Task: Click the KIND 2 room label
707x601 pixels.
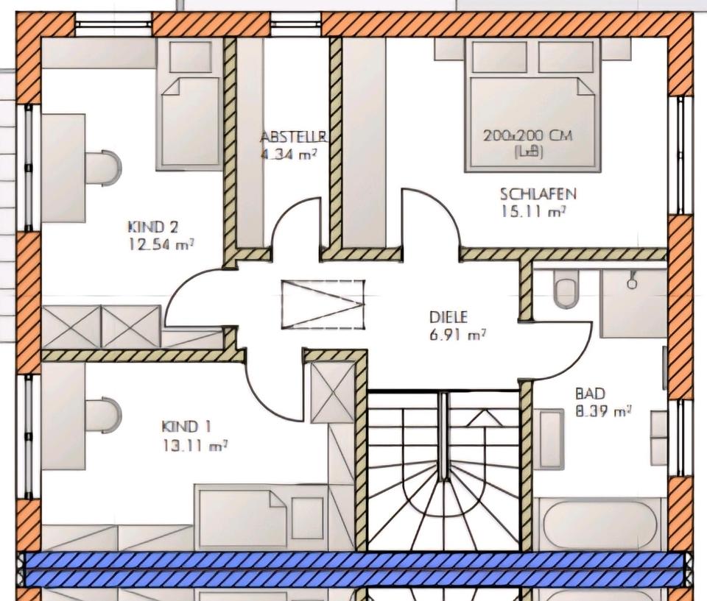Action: click(x=153, y=227)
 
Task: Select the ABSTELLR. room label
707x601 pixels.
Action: click(x=294, y=137)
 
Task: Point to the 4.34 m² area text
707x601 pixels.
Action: click(x=289, y=154)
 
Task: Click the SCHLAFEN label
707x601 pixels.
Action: click(x=538, y=194)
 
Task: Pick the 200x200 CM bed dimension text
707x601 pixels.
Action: click(x=528, y=135)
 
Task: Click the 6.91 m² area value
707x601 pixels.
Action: click(x=457, y=335)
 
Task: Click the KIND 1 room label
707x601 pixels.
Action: click(x=186, y=427)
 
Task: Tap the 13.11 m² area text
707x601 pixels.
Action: click(x=194, y=445)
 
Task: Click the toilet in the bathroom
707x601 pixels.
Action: click(x=565, y=290)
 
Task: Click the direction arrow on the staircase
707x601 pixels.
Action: click(x=485, y=418)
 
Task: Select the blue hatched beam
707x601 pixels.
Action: click(x=354, y=569)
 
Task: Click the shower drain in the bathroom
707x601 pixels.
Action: click(x=632, y=284)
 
